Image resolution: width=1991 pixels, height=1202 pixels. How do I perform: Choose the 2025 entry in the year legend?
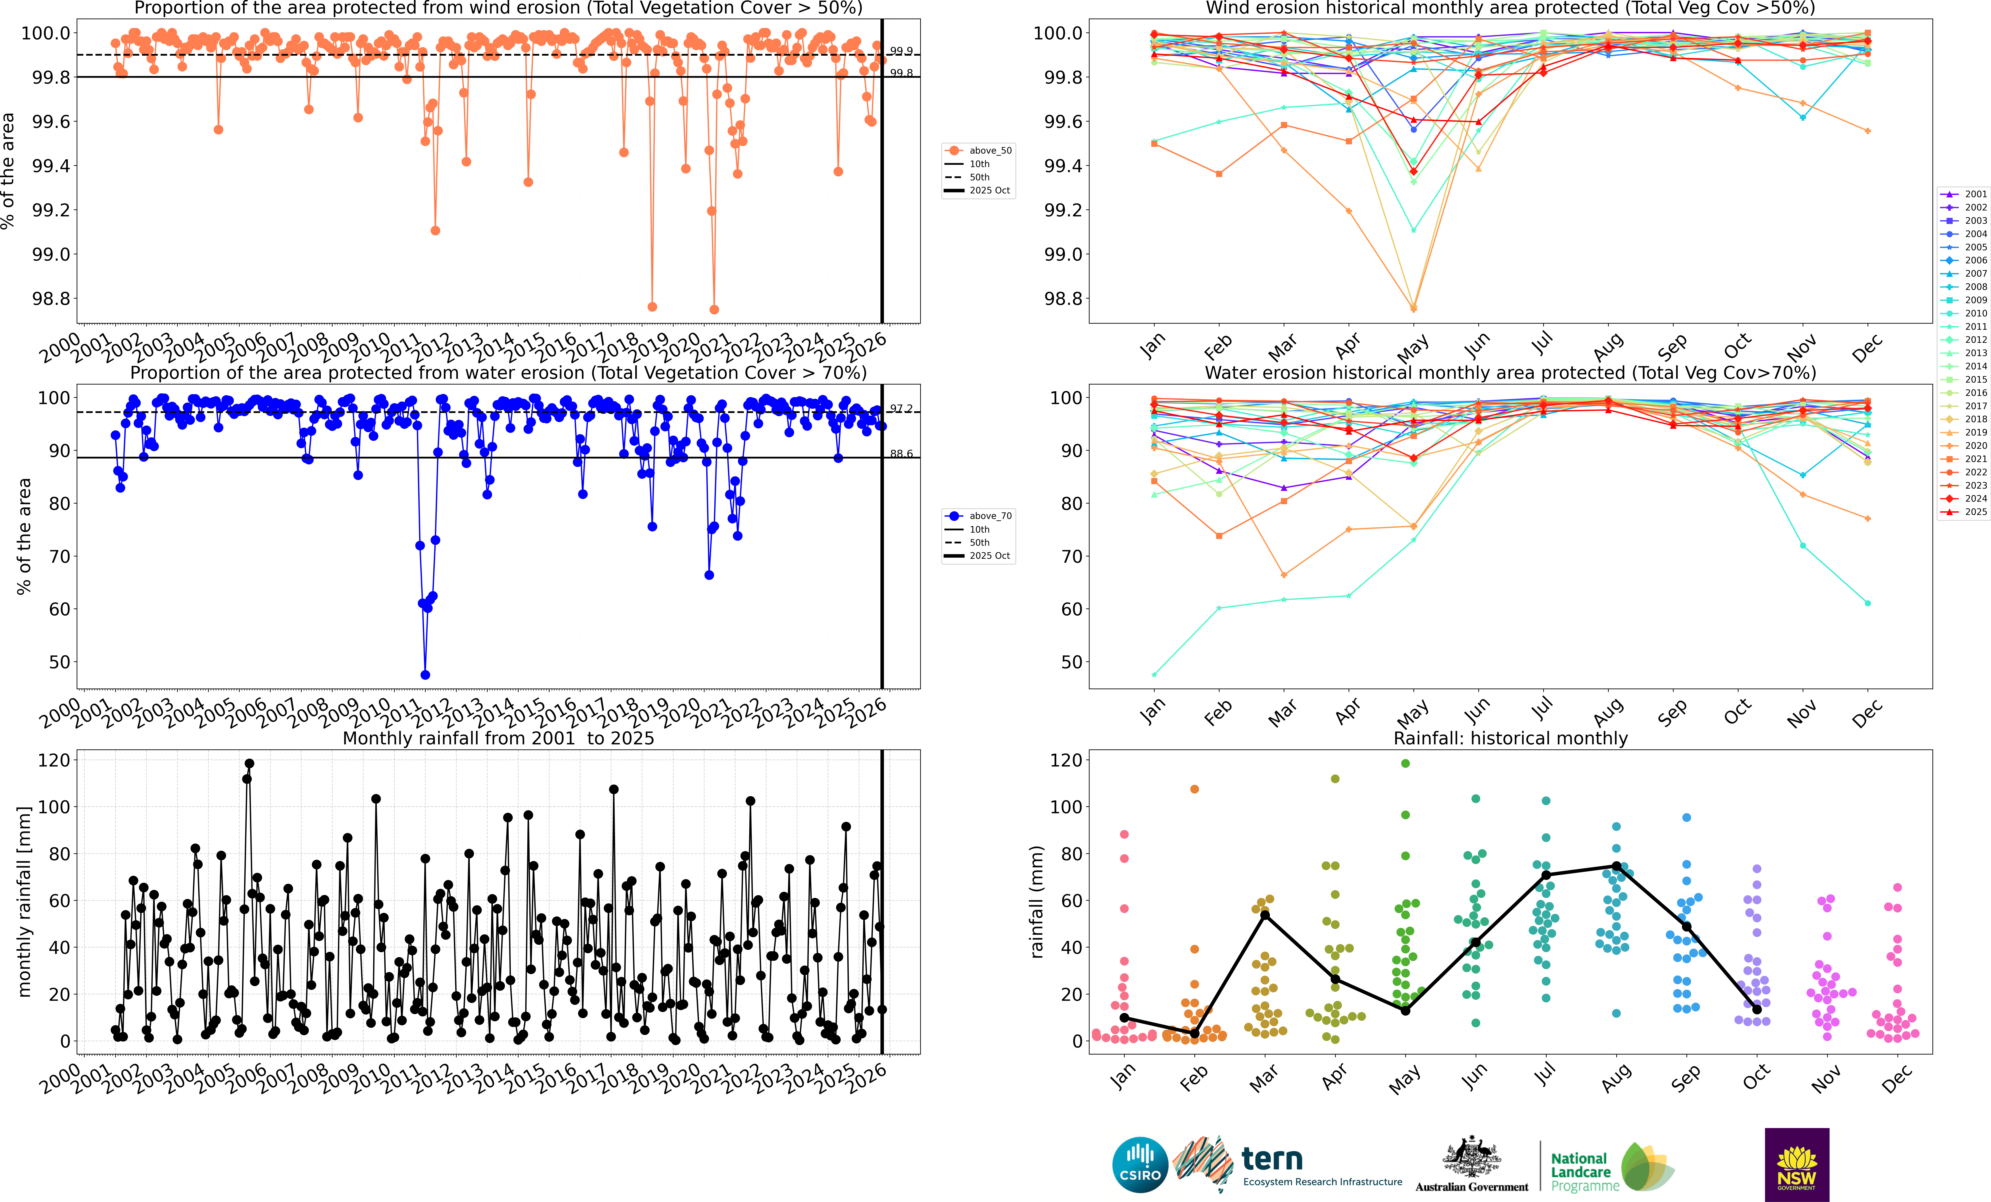[x=1975, y=512]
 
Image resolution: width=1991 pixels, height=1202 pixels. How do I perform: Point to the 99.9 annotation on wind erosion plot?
[x=901, y=51]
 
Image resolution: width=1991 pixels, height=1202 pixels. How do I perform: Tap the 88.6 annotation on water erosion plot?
[x=901, y=453]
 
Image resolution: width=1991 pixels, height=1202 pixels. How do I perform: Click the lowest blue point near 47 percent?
[x=425, y=675]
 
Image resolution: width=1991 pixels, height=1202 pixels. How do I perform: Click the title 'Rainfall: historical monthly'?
[x=1510, y=738]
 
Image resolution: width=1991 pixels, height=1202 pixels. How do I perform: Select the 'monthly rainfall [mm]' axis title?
[x=24, y=901]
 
